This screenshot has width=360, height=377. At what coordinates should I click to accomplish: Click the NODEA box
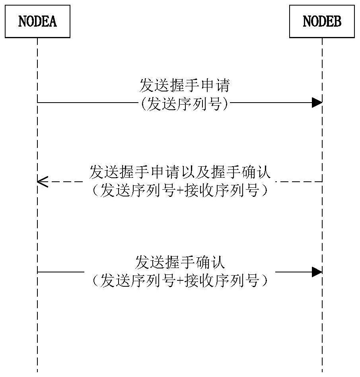pyautogui.click(x=37, y=21)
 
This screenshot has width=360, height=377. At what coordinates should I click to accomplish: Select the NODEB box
pyautogui.click(x=322, y=21)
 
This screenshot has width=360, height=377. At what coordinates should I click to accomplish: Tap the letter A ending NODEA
pyautogui.click(x=53, y=21)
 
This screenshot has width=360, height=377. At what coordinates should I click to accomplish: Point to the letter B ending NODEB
pyautogui.click(x=337, y=21)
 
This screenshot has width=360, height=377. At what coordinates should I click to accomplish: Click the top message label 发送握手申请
pyautogui.click(x=185, y=86)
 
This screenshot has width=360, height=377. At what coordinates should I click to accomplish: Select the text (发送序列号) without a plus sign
pyautogui.click(x=185, y=104)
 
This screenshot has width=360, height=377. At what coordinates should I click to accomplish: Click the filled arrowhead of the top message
pyautogui.click(x=317, y=103)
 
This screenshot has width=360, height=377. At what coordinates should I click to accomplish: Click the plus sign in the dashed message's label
pyautogui.click(x=180, y=190)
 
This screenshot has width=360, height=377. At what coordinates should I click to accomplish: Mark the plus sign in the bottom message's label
pyautogui.click(x=180, y=280)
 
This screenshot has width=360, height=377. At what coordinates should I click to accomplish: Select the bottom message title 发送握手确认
pyautogui.click(x=180, y=262)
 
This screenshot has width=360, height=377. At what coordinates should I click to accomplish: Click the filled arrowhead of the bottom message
pyautogui.click(x=317, y=272)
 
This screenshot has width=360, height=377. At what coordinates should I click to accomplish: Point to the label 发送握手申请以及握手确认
pyautogui.click(x=180, y=172)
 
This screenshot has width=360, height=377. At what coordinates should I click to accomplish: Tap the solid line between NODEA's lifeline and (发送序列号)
pyautogui.click(x=88, y=103)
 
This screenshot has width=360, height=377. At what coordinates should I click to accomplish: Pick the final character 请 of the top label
pyautogui.click(x=222, y=86)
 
